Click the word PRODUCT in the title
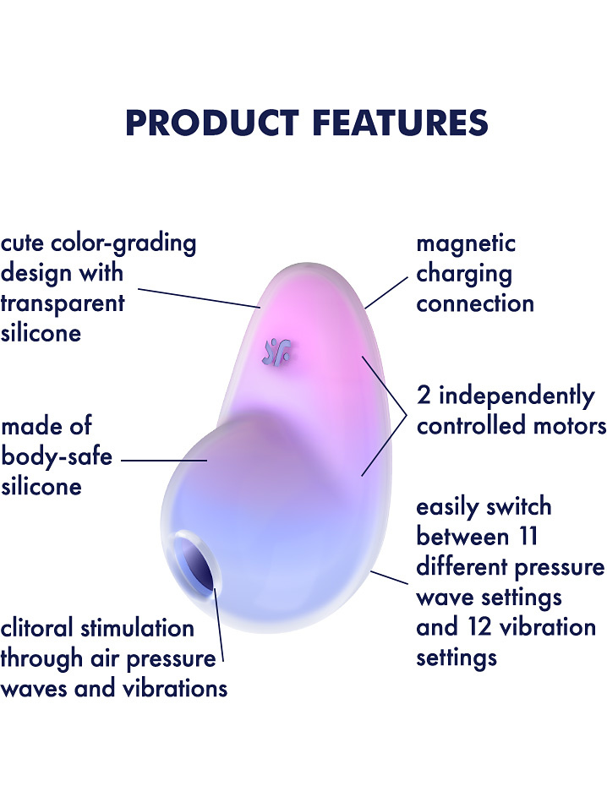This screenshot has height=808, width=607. (212, 123)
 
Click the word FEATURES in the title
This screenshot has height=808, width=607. (400, 123)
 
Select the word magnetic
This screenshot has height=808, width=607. (466, 243)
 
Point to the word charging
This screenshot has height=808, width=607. (464, 275)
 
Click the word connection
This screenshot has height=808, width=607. (474, 304)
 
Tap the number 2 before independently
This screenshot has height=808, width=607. (424, 396)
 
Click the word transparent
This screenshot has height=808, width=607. (63, 303)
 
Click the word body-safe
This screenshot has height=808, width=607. (56, 457)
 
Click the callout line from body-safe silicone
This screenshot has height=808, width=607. (164, 460)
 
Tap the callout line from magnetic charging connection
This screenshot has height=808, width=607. (386, 292)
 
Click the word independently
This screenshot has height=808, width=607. (517, 396)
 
